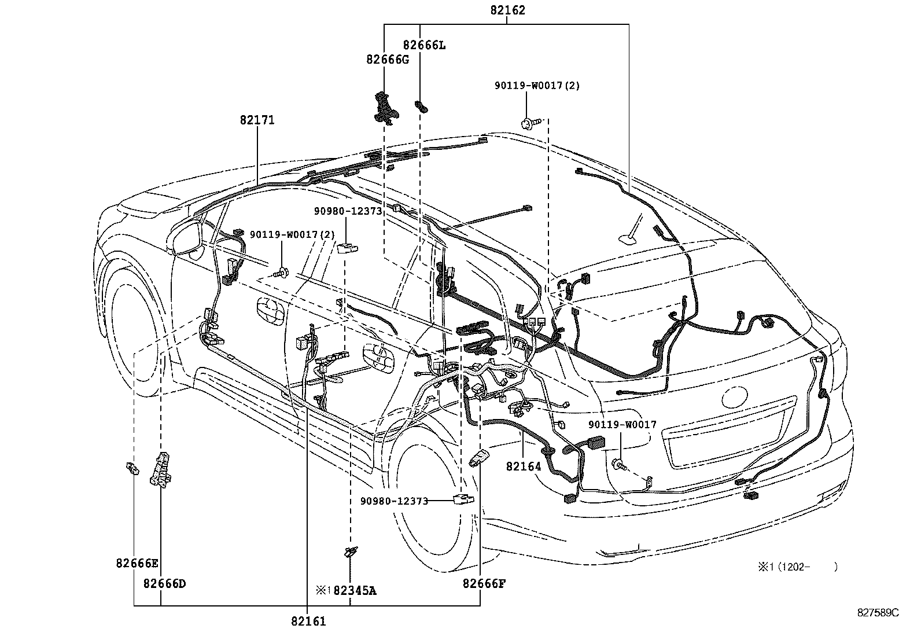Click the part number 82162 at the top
[507, 10]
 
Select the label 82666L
[425, 45]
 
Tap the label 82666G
[387, 60]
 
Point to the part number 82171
[257, 120]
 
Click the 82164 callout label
[523, 466]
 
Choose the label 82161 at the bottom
[308, 622]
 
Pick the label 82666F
[484, 583]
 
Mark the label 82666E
[137, 563]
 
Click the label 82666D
[165, 583]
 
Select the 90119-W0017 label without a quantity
[623, 425]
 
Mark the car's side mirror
[186, 237]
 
